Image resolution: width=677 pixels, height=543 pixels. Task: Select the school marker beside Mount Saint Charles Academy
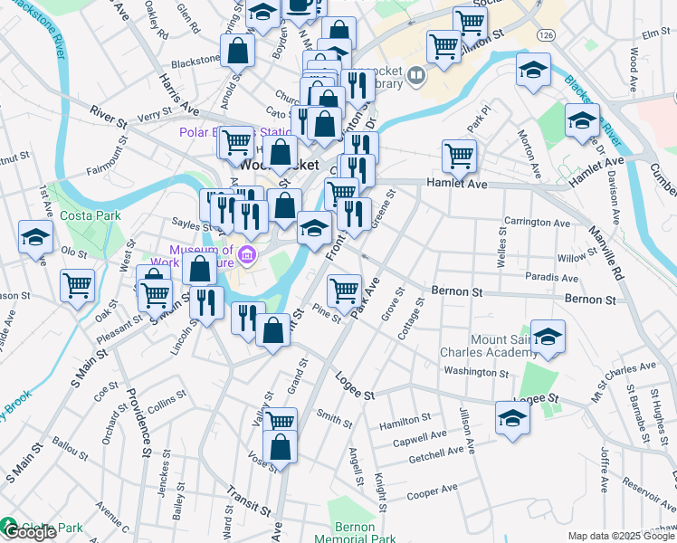click(x=548, y=338)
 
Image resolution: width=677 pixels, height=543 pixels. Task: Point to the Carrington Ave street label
click(x=538, y=223)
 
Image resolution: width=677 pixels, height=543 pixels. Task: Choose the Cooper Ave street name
click(x=433, y=491)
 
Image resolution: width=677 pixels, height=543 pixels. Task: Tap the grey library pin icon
click(x=416, y=76)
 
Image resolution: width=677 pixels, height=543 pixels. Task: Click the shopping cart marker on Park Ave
click(x=344, y=291)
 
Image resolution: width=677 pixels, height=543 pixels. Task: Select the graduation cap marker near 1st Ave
click(x=35, y=238)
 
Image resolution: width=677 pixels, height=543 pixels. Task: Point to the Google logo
click(x=30, y=532)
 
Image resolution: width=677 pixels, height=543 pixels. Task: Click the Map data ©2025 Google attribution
click(x=622, y=536)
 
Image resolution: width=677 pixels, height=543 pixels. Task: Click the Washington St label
click(x=476, y=372)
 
